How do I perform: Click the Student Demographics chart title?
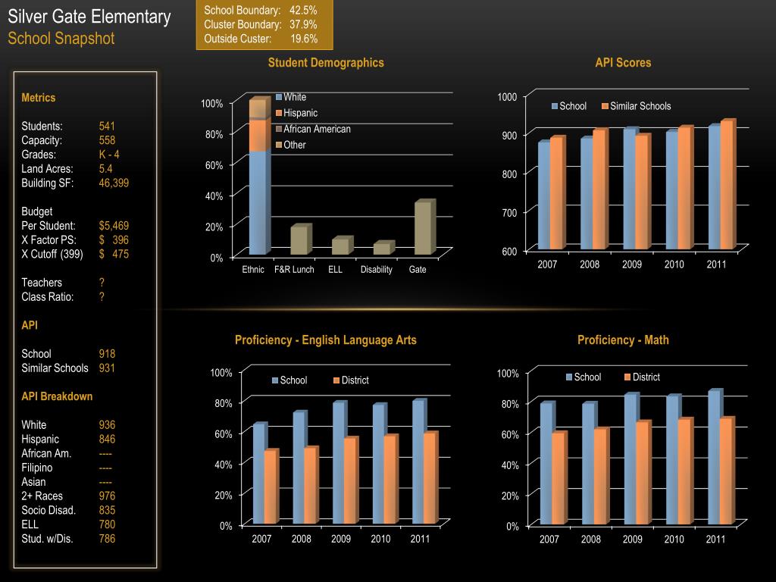click(x=326, y=63)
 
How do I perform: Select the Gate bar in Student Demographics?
click(x=423, y=228)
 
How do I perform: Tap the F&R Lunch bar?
click(x=299, y=240)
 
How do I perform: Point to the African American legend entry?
click(x=317, y=129)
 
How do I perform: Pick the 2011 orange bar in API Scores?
click(x=727, y=186)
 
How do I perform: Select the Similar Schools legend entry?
click(x=640, y=106)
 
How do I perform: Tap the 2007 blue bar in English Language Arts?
click(x=258, y=474)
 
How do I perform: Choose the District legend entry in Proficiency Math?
click(x=646, y=377)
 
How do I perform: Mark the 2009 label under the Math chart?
click(x=633, y=540)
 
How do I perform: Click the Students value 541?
click(x=107, y=126)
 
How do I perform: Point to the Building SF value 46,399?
click(x=114, y=183)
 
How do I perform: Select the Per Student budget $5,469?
click(x=114, y=226)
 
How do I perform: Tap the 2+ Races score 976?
click(x=107, y=496)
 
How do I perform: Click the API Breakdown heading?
click(x=57, y=396)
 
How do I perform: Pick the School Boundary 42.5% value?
click(x=303, y=10)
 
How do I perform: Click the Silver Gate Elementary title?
click(x=89, y=17)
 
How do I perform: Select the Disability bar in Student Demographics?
click(x=382, y=249)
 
